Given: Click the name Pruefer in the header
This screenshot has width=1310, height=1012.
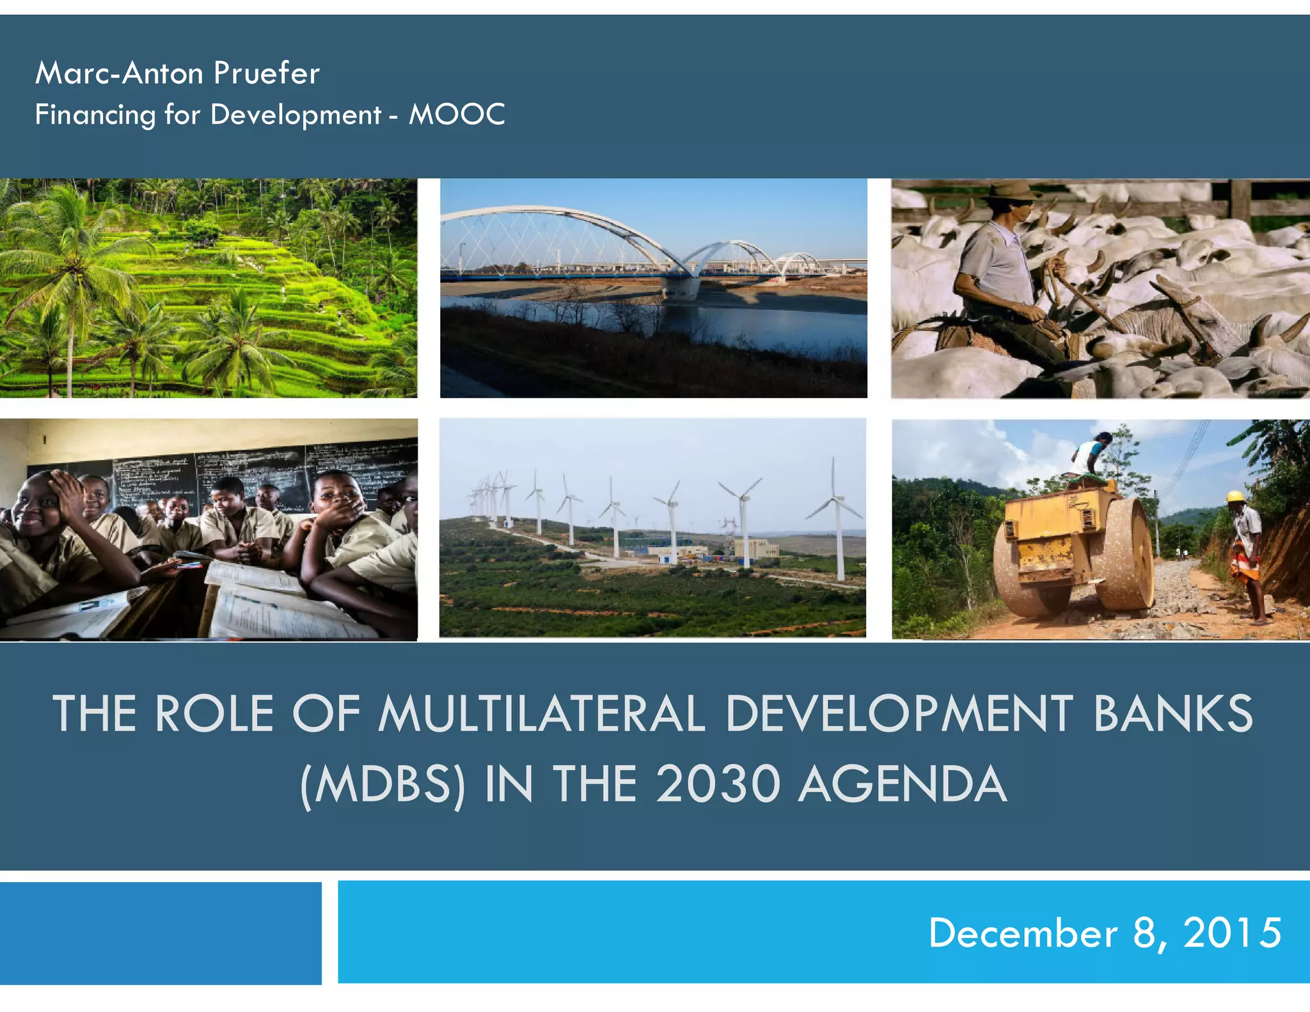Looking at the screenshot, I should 266,73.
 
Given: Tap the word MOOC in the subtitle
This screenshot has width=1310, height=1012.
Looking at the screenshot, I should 457,115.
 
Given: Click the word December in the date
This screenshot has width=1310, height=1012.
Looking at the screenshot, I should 1023,933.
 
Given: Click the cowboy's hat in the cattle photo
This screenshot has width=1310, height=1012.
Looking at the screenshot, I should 1012,190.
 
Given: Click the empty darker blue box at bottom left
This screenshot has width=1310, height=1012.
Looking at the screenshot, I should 160,933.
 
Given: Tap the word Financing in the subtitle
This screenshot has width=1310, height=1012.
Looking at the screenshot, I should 95,115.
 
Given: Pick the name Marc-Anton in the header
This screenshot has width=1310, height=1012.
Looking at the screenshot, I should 119,73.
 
